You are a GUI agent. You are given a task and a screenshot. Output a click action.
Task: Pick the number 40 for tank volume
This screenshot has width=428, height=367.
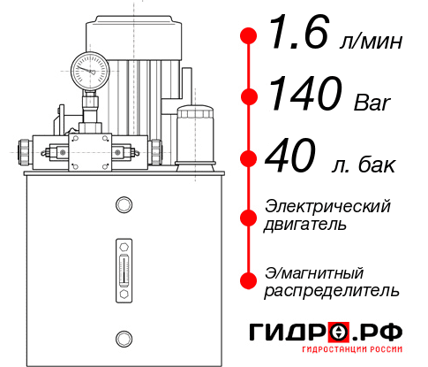click(290, 160)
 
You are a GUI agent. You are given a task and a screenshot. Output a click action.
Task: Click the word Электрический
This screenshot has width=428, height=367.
click(327, 207)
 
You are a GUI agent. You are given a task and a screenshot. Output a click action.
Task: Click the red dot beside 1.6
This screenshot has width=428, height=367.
click(249, 37)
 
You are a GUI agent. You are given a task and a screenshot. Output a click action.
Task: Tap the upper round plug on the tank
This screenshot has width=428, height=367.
click(123, 205)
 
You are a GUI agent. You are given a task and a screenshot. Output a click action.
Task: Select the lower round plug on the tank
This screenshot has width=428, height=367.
click(123, 338)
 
